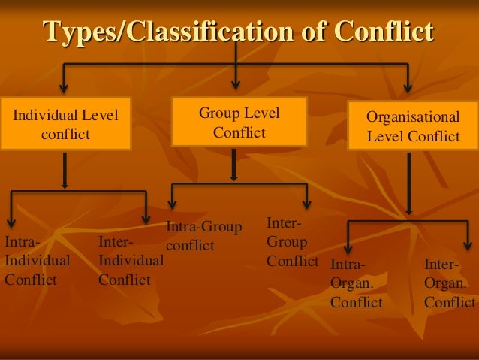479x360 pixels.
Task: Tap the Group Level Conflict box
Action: [239, 123]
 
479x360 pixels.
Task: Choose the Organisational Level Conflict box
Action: [412, 126]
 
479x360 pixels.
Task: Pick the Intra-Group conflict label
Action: [203, 236]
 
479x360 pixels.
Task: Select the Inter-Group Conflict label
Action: [292, 242]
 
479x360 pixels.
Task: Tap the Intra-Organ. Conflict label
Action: [357, 283]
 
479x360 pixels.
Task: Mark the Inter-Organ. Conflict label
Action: [449, 283]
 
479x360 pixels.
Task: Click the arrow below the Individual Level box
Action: [65, 170]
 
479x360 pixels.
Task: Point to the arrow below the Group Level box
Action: [234, 165]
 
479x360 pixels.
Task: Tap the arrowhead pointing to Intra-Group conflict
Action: [173, 205]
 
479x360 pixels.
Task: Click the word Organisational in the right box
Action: [413, 117]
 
